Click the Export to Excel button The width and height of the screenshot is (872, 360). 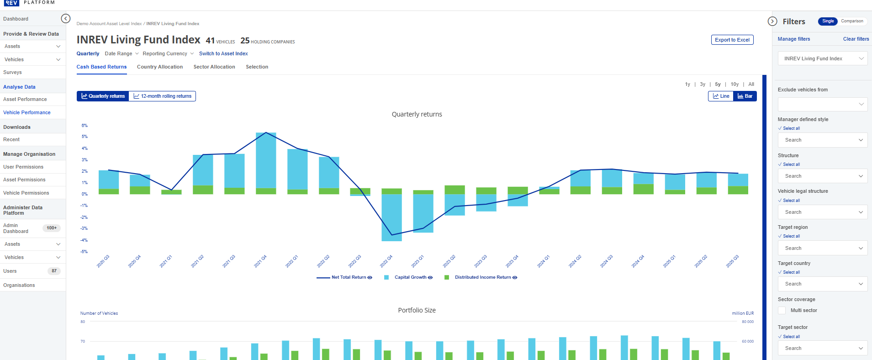732,40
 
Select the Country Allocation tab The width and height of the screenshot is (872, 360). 160,67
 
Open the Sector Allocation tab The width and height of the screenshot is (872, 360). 214,67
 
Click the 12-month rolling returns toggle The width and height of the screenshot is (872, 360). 162,96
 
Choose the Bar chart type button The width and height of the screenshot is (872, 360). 745,96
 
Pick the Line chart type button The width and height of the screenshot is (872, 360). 721,96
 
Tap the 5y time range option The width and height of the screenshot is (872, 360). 718,84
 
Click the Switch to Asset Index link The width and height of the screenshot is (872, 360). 223,53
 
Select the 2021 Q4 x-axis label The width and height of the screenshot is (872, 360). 260,261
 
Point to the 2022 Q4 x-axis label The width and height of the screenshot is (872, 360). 386,261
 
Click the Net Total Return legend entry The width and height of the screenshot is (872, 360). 349,277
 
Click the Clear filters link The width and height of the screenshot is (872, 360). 856,39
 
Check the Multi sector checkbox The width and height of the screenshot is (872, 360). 782,310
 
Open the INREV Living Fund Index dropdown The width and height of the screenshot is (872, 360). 822,58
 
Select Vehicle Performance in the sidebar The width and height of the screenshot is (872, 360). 27,112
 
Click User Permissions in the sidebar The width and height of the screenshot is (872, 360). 23,167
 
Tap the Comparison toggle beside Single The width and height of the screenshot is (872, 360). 852,21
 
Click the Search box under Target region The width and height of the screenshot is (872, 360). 822,248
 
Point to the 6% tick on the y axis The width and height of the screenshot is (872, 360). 85,126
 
